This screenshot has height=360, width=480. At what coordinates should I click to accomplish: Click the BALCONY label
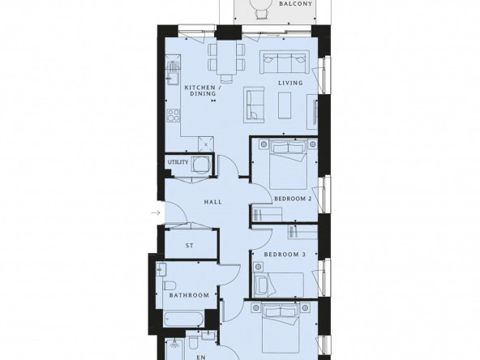[295, 4]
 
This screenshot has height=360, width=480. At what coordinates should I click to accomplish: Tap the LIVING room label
[290, 83]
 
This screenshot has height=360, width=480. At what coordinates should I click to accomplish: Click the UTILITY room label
[178, 162]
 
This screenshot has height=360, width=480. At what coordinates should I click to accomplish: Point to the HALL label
[213, 202]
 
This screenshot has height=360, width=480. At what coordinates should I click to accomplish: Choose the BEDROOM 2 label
[293, 199]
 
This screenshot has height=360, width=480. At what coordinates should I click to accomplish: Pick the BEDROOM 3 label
[285, 255]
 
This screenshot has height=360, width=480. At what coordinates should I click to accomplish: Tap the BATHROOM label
[189, 295]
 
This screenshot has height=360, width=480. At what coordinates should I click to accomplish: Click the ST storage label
[190, 246]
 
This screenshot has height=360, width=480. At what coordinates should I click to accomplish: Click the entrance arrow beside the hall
[156, 212]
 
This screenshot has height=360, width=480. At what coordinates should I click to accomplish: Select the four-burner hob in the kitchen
[174, 116]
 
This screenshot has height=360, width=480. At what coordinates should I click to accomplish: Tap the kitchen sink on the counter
[173, 73]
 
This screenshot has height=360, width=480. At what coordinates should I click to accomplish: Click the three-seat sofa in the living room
[283, 63]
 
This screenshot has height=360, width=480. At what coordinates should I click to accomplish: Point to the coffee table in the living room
[285, 105]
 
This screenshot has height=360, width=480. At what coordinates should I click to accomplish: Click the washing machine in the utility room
[201, 165]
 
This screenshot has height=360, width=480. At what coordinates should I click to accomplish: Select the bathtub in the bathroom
[184, 319]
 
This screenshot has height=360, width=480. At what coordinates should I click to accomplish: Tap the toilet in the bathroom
[169, 286]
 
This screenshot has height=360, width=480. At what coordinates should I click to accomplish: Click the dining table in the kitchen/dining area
[226, 58]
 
